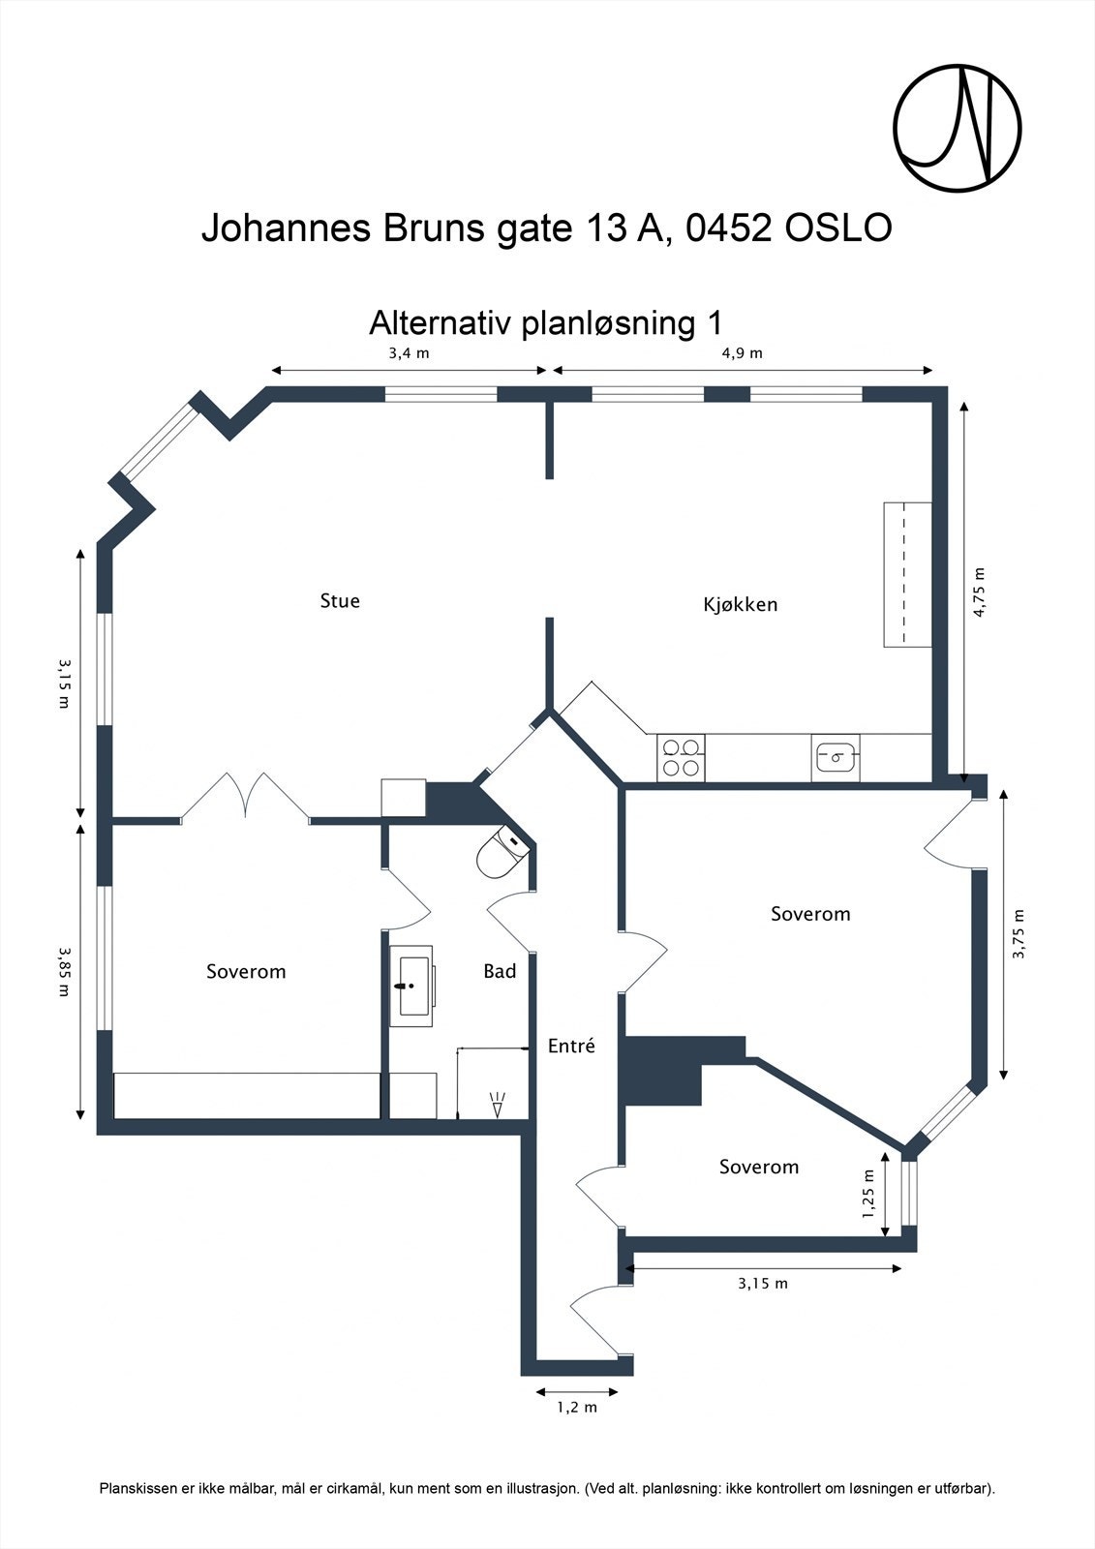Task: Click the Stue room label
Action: click(340, 601)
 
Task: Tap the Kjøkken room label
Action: click(740, 605)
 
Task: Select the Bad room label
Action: click(500, 971)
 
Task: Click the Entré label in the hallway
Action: click(571, 1047)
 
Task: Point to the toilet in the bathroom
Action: click(500, 852)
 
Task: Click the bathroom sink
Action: click(412, 986)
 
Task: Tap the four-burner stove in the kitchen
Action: click(681, 758)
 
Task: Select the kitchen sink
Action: click(836, 757)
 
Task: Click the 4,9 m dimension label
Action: click(742, 353)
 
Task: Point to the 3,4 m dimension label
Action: click(409, 353)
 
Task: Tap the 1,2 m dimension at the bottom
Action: click(576, 1407)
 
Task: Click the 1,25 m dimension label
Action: click(868, 1194)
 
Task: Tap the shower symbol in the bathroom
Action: click(498, 1105)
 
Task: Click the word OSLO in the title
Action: click(838, 229)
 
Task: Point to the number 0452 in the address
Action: click(729, 229)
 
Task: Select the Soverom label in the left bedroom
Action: click(246, 972)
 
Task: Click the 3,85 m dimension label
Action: click(64, 971)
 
